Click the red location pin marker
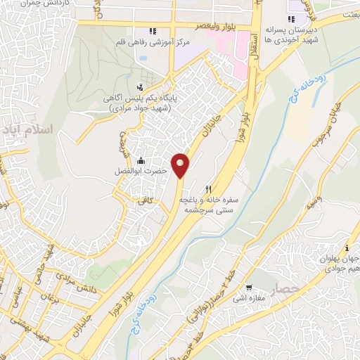tap(181, 165)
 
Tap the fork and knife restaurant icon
tap(208, 189)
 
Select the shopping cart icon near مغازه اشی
tap(249, 288)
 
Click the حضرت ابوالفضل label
tap(141, 171)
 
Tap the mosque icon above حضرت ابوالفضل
tap(141, 160)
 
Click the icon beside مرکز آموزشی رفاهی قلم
tap(153, 31)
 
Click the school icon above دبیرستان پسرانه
tap(291, 19)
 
